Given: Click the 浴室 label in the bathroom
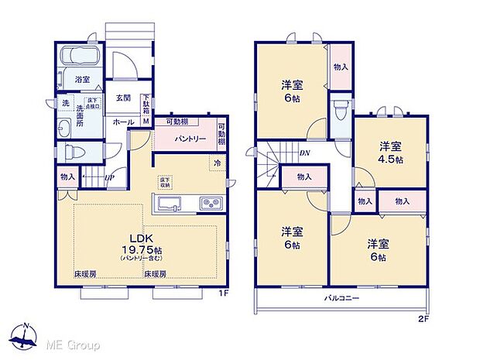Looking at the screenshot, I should (x=81, y=79).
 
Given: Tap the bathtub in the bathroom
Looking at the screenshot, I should (x=81, y=57).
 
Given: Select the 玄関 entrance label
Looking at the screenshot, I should (x=123, y=98).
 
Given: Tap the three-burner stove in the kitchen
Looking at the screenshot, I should (x=211, y=204).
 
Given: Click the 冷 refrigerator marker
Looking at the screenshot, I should (x=218, y=164).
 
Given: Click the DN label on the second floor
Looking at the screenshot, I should (x=306, y=153).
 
